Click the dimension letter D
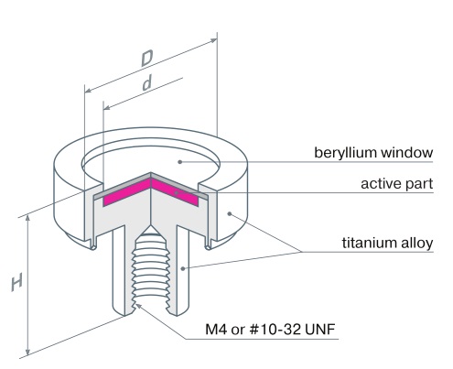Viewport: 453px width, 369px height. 147,59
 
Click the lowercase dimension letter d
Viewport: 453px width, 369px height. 147,83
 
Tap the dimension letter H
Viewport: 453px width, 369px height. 16,283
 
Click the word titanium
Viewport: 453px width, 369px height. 365,243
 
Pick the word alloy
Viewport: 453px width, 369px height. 413,244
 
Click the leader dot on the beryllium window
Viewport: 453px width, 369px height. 180,162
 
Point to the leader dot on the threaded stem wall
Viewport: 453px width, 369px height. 183,268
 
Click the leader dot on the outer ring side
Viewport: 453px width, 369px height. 230,213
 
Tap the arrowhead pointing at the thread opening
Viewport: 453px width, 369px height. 138,306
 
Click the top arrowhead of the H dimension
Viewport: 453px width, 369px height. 27,218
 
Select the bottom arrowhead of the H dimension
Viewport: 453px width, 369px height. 27,353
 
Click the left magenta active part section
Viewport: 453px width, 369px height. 127,192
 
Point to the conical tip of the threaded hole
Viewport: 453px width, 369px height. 150,226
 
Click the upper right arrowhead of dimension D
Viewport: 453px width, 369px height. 214,40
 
